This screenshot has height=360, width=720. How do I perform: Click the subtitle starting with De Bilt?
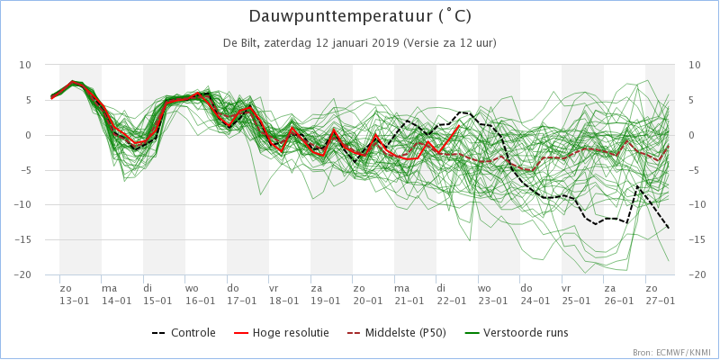(360, 42)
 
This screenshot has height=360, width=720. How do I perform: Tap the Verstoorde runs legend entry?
(515, 333)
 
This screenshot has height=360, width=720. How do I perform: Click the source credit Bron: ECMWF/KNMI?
(671, 352)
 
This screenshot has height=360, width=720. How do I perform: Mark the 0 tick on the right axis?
(691, 135)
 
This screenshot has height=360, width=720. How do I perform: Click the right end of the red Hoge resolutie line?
(459, 127)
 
